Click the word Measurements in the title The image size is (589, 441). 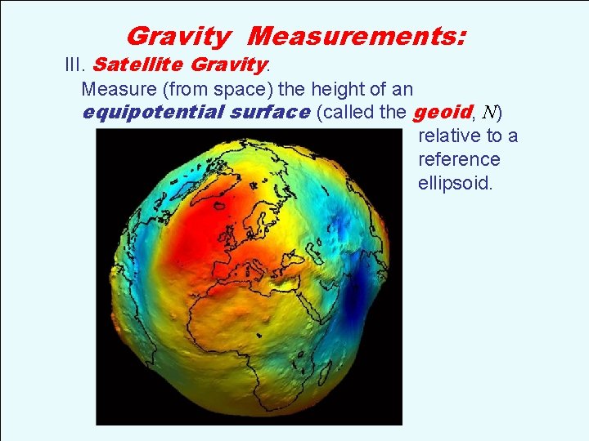click(357, 36)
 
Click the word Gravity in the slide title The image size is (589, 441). click(178, 36)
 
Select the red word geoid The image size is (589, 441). click(441, 112)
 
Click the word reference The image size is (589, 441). click(458, 159)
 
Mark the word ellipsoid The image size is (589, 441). click(455, 183)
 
